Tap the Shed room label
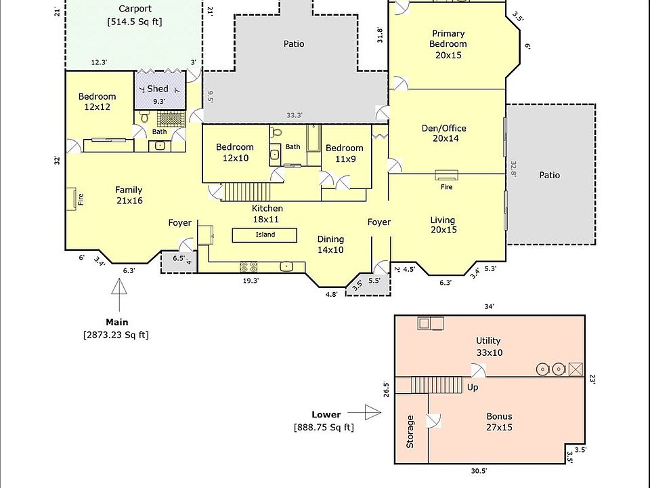pyautogui.click(x=158, y=89)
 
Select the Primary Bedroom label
pyautogui.click(x=448, y=44)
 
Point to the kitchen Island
pyautogui.click(x=265, y=235)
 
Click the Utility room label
pyautogui.click(x=488, y=346)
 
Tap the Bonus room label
pyautogui.click(x=499, y=422)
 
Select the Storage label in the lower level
pyautogui.click(x=410, y=432)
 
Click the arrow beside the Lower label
pyautogui.click(x=373, y=411)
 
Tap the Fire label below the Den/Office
pyautogui.click(x=446, y=187)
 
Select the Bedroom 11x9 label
pyautogui.click(x=344, y=153)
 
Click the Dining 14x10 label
pyautogui.click(x=330, y=244)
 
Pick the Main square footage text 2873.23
pyautogui.click(x=116, y=334)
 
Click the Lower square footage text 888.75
pyautogui.click(x=324, y=427)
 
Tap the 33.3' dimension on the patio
pyautogui.click(x=294, y=116)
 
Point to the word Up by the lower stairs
pyautogui.click(x=473, y=388)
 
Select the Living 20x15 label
pyautogui.click(x=443, y=225)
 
